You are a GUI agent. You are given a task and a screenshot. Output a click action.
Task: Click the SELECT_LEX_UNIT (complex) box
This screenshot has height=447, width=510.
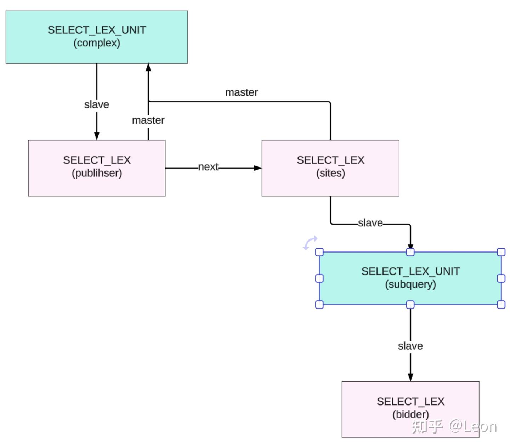tap(97, 37)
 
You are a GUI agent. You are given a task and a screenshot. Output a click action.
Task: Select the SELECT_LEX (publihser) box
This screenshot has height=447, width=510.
tap(97, 168)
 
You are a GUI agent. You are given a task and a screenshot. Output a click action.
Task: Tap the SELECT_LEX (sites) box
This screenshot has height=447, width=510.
tap(330, 168)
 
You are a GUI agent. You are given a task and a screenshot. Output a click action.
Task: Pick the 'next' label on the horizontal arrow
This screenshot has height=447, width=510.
tap(208, 167)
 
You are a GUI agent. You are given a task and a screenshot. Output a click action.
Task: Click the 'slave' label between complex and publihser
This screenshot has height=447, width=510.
tap(96, 104)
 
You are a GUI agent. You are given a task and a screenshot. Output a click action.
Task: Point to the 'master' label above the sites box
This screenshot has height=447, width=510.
tap(242, 92)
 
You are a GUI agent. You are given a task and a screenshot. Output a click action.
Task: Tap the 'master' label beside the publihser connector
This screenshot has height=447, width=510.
tap(148, 120)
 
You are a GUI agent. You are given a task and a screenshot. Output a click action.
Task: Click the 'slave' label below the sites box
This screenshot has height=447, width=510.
tap(370, 223)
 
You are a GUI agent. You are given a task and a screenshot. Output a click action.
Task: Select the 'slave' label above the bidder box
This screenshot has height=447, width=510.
tap(410, 346)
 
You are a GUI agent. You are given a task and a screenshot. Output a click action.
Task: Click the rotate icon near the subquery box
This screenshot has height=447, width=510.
tap(310, 243)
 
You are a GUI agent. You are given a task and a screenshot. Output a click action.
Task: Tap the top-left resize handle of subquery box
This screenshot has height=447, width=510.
tap(319, 252)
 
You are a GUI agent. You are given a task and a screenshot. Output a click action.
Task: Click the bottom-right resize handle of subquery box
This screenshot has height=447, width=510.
tap(501, 304)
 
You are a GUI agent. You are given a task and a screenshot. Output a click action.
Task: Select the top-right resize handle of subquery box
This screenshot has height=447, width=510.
tap(501, 252)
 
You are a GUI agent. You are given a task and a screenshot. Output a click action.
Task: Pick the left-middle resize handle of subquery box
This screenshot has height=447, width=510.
tap(319, 278)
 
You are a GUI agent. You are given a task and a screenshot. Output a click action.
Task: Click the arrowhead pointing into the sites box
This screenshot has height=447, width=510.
tap(258, 168)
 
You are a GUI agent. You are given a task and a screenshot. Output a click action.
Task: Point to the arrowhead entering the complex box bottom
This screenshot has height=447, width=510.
tap(148, 67)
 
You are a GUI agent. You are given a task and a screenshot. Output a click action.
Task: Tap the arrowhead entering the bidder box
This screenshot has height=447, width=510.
tap(410, 377)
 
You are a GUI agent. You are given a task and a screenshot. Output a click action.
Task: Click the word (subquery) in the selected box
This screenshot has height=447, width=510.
tap(410, 284)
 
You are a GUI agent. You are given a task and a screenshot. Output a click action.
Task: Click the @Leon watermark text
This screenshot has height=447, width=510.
tap(473, 426)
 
